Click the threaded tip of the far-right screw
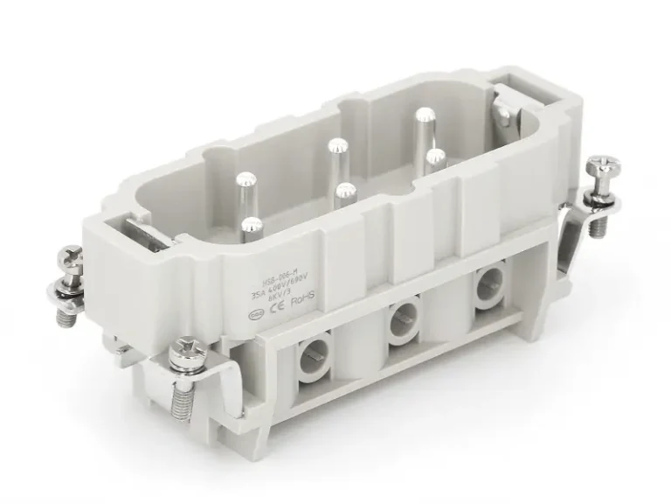[599, 229]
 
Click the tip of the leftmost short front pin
[251, 224]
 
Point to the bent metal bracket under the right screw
[569, 224]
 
